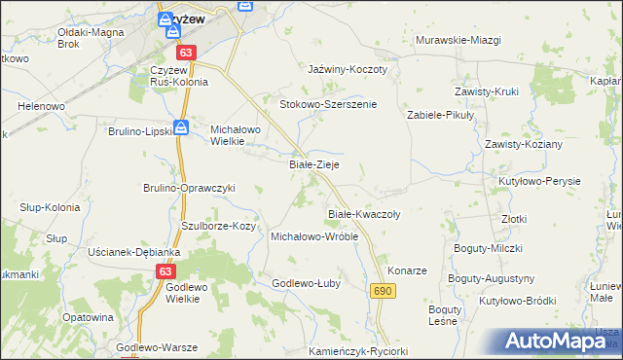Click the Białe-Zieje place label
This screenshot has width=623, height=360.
pyautogui.click(x=314, y=165)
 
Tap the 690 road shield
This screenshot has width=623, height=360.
pyautogui.click(x=382, y=291)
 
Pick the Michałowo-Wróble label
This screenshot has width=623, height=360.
pyautogui.click(x=314, y=236)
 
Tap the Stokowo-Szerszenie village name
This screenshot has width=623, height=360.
pyautogui.click(x=328, y=104)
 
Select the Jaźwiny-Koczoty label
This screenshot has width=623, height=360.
pyautogui.click(x=348, y=70)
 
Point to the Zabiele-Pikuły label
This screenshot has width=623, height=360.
pyautogui.click(x=439, y=114)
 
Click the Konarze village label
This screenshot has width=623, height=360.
pyautogui.click(x=407, y=270)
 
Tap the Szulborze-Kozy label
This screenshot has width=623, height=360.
pyautogui.click(x=218, y=226)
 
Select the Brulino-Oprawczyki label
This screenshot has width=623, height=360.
pyautogui.click(x=190, y=188)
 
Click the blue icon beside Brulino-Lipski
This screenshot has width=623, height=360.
pyautogui.click(x=181, y=126)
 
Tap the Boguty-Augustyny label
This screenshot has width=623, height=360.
pyautogui.click(x=492, y=278)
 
